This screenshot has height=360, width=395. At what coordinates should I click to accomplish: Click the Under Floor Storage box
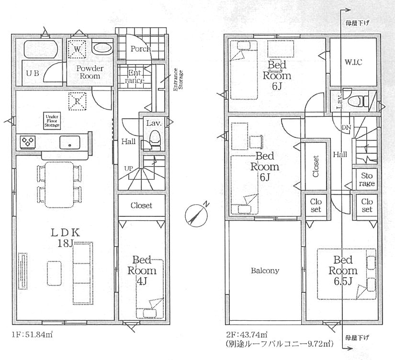(x=52, y=121)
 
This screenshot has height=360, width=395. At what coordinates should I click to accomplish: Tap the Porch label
(x=140, y=49)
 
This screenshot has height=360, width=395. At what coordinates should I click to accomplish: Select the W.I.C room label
(x=353, y=62)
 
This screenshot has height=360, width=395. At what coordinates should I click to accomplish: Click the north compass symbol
(x=196, y=214)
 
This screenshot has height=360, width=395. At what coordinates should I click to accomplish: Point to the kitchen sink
(x=70, y=142)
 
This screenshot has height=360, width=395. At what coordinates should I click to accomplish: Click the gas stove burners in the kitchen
(x=28, y=142)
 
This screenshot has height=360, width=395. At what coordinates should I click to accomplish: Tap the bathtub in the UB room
(x=41, y=49)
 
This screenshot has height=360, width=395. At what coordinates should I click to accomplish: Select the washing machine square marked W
(x=77, y=49)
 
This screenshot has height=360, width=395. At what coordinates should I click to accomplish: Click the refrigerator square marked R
(x=77, y=101)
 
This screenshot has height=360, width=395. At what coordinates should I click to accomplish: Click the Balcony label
(x=265, y=270)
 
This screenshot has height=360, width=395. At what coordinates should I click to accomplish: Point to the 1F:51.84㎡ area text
(x=32, y=335)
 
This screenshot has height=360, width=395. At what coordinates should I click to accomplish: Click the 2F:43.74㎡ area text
(x=247, y=335)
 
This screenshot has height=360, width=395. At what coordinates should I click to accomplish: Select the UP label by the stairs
(x=128, y=169)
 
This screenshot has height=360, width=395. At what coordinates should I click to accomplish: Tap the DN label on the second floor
(x=346, y=127)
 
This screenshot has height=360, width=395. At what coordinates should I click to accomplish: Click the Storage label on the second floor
(x=367, y=180)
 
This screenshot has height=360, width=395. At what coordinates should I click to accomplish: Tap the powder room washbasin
(x=102, y=47)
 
